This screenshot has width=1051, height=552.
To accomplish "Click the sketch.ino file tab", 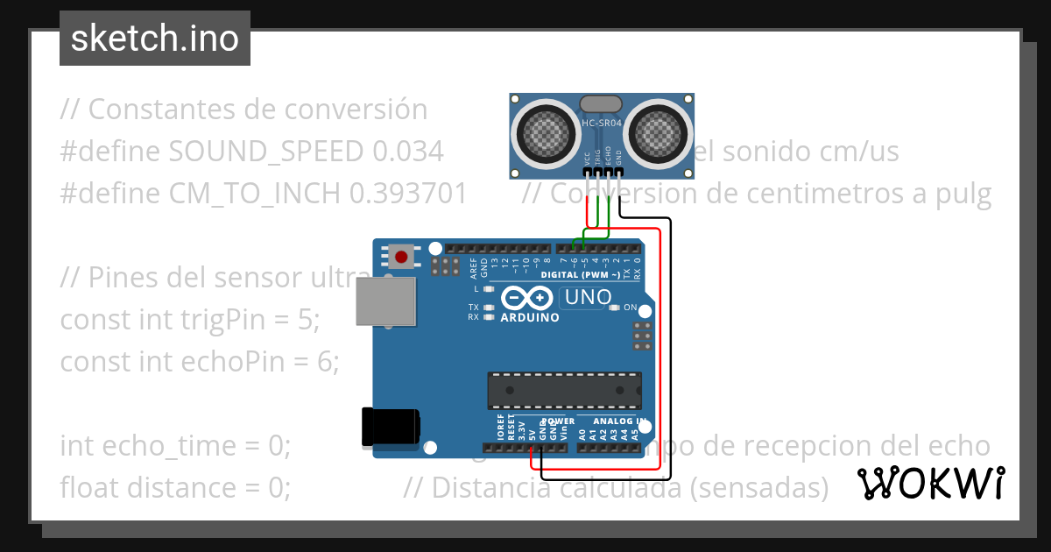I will pyautogui.click(x=155, y=39).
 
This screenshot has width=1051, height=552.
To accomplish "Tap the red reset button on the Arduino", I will pyautogui.click(x=401, y=257).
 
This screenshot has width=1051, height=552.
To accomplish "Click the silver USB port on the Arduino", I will pyautogui.click(x=385, y=301).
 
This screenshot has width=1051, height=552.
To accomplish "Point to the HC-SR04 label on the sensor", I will pyautogui.click(x=602, y=124).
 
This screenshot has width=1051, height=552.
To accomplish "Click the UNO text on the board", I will pyautogui.click(x=588, y=298).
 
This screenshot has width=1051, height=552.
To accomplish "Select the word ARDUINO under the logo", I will pyautogui.click(x=529, y=317).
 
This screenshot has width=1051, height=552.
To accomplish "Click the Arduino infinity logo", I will pyautogui.click(x=528, y=299).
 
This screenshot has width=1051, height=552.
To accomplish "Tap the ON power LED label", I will pyautogui.click(x=630, y=307).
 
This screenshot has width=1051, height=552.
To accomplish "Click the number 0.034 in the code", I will pyautogui.click(x=408, y=152).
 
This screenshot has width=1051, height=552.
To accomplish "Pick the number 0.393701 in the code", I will pyautogui.click(x=409, y=194).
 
